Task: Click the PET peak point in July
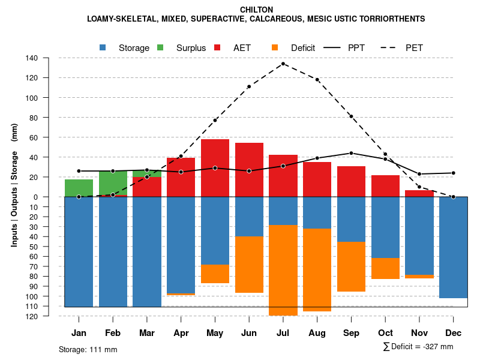pos(283,64)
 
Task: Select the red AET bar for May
pos(215,168)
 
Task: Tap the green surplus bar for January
pos(79,188)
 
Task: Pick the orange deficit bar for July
pos(283,270)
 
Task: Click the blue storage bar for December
pos(453,247)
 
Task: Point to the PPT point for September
pos(351,153)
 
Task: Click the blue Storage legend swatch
pos(103,47)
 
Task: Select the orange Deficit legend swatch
pos(275,47)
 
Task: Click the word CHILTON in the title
pos(256,10)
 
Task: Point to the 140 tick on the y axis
pos(32,58)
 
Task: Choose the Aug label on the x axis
pos(317,332)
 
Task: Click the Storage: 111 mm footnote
pos(88,349)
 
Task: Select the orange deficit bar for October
pos(385,268)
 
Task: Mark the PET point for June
pos(248,86)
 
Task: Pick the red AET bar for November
pos(419,193)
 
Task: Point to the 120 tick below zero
pos(32,316)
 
